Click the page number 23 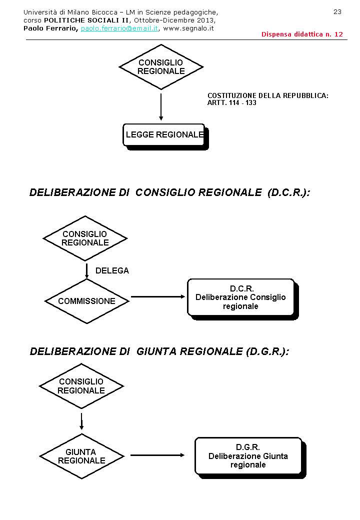click(x=337, y=11)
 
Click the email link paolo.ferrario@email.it click(x=119, y=28)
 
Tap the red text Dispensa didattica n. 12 click(x=302, y=34)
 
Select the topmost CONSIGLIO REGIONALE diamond click(x=161, y=67)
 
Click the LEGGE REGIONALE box click(x=164, y=134)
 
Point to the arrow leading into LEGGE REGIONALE click(x=161, y=107)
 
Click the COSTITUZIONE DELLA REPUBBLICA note click(x=267, y=99)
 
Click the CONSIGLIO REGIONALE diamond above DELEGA click(x=85, y=238)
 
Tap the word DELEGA click(x=112, y=270)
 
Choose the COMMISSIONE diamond click(x=86, y=301)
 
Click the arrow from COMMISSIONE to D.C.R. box click(x=158, y=297)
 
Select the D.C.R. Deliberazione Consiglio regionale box click(x=240, y=297)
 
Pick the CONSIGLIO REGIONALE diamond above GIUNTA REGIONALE click(x=81, y=386)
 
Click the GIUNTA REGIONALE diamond click(x=81, y=456)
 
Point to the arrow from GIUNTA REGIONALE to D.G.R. click(x=157, y=455)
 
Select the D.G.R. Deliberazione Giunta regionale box click(x=248, y=456)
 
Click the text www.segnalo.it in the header click(x=188, y=28)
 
